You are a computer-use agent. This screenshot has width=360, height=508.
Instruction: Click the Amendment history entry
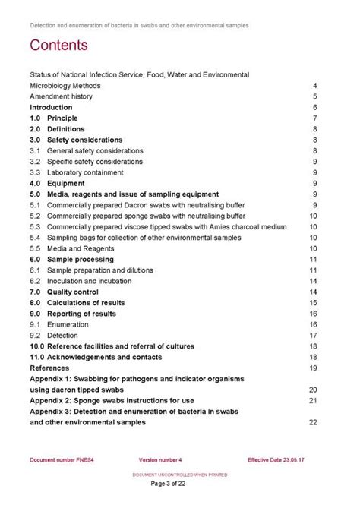(x=62, y=97)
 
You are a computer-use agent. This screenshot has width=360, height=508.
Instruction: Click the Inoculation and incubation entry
(x=90, y=281)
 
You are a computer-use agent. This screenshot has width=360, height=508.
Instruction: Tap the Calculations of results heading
(x=86, y=303)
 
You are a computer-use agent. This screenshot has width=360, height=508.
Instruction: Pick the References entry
(x=49, y=368)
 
